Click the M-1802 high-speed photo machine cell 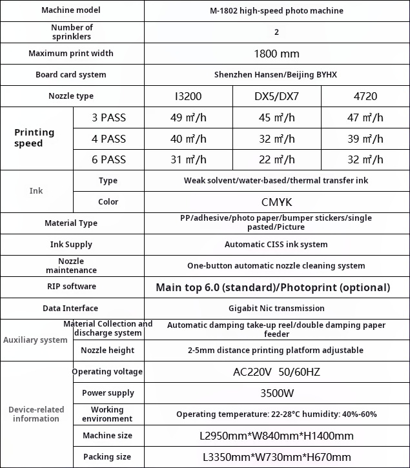tap(276, 11)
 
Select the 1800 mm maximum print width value tap(276, 54)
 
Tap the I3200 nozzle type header tap(188, 96)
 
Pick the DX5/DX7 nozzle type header tap(276, 96)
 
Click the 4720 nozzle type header tap(365, 96)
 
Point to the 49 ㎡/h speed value tap(188, 117)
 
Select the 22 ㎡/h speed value tap(276, 159)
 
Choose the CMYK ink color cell tap(276, 202)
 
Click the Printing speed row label tap(35, 138)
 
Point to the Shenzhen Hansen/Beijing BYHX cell tap(276, 75)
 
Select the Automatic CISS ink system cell tap(276, 245)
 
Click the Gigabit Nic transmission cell tap(276, 309)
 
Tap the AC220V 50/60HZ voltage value tap(276, 372)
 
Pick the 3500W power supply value tap(276, 393)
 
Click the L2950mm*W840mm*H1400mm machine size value tap(276, 436)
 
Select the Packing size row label tap(107, 457)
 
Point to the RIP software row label tap(71, 287)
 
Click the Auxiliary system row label tap(36, 340)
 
